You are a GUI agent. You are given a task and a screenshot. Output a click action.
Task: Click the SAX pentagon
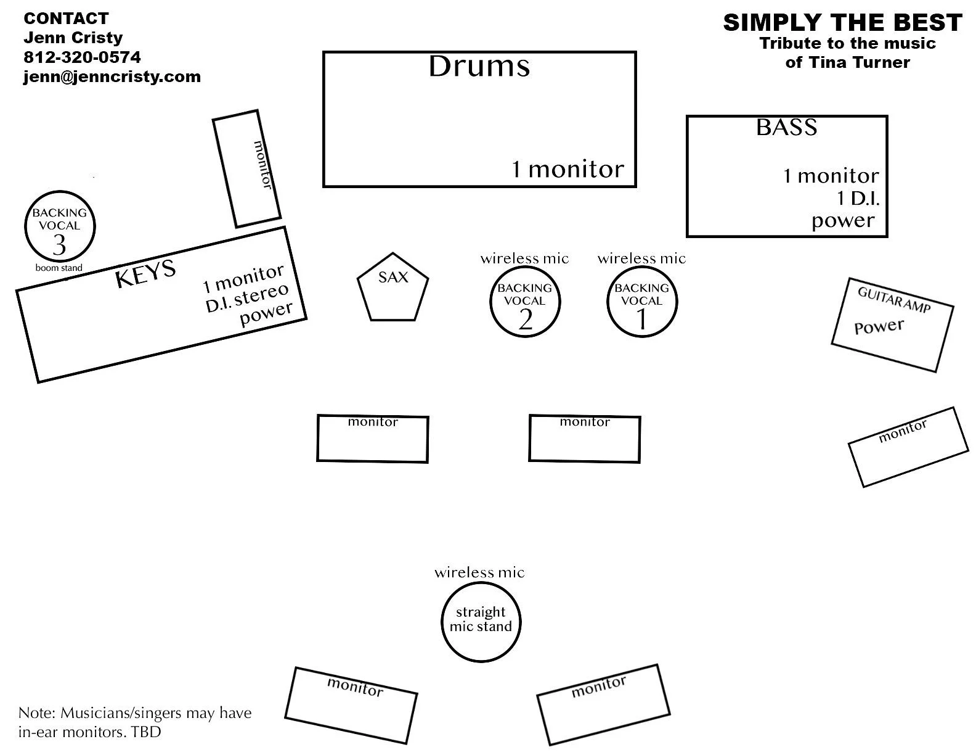(392, 289)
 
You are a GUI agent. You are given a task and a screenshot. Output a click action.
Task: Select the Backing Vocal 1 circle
(641, 302)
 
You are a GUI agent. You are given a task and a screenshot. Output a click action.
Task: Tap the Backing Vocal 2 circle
(525, 302)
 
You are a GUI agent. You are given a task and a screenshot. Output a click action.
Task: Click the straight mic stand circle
(481, 620)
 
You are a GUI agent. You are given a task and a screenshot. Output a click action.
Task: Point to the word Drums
(479, 67)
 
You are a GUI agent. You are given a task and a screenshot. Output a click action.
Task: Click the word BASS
(786, 127)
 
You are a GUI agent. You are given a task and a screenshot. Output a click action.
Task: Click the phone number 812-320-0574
(82, 57)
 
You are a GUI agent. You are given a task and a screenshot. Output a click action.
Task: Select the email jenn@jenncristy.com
(112, 76)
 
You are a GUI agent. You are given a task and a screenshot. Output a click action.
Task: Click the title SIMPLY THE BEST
(842, 23)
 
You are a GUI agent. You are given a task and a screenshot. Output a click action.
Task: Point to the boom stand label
(59, 268)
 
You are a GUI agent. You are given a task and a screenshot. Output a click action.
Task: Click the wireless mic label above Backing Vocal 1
(641, 258)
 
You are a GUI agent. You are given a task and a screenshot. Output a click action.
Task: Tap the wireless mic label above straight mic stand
(479, 572)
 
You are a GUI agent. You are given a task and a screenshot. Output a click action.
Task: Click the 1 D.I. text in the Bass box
(858, 199)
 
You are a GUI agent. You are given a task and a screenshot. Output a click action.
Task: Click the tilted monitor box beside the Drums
(246, 168)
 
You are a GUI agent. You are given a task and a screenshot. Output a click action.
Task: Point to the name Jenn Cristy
(73, 38)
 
